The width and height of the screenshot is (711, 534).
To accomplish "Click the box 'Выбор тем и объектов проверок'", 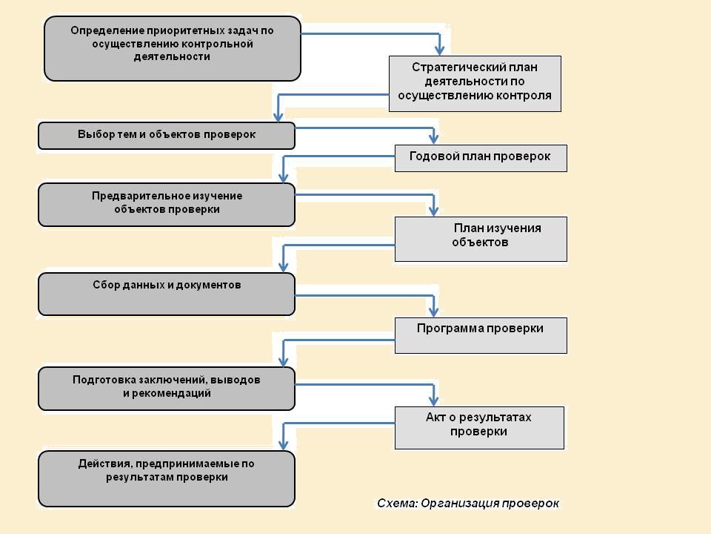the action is click(x=167, y=135).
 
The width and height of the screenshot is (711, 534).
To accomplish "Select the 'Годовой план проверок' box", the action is click(x=481, y=158).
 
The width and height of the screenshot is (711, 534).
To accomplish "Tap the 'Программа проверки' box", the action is click(x=481, y=335).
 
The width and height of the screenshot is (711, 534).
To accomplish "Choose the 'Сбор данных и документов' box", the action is click(x=167, y=294).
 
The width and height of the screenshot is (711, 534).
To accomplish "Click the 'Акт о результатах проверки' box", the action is click(x=479, y=428).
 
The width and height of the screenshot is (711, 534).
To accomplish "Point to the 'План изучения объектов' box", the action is click(x=481, y=239).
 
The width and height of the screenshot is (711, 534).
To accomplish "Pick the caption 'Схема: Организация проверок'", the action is click(x=468, y=503).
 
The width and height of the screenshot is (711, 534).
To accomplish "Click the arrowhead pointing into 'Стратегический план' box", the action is click(x=439, y=50).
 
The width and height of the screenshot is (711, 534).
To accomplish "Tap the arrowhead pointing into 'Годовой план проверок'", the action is click(x=433, y=139).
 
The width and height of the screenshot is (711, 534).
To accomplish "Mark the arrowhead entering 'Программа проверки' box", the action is click(x=433, y=311).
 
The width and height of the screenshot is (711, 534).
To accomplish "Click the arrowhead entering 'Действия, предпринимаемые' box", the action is click(x=284, y=444).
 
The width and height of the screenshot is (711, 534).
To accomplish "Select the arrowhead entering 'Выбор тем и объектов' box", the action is click(x=278, y=116).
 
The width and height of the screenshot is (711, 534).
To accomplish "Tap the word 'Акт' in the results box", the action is click(x=435, y=418).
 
